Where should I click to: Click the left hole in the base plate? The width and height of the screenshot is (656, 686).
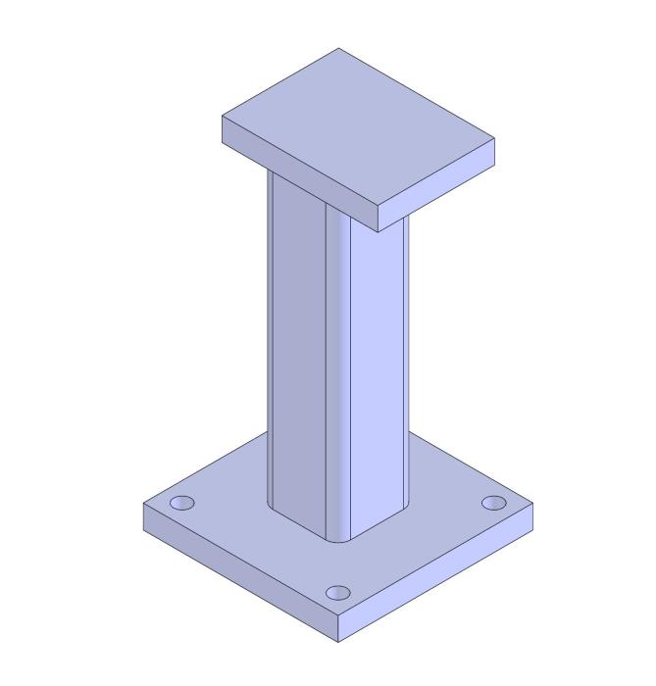[181, 504]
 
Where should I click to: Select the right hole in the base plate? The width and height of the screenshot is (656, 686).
[494, 503]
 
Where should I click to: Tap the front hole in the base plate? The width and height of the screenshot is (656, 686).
[337, 593]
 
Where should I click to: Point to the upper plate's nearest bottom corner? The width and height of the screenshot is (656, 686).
[378, 231]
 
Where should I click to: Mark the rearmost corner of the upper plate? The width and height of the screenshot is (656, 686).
[339, 48]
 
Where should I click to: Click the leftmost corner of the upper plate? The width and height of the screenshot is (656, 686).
[222, 117]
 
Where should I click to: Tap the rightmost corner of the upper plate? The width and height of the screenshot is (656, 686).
[494, 140]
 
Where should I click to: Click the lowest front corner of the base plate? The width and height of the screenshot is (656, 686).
[339, 643]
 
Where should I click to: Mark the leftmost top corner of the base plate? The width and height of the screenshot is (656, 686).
[143, 504]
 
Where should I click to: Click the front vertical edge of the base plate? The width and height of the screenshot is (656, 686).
[339, 629]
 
